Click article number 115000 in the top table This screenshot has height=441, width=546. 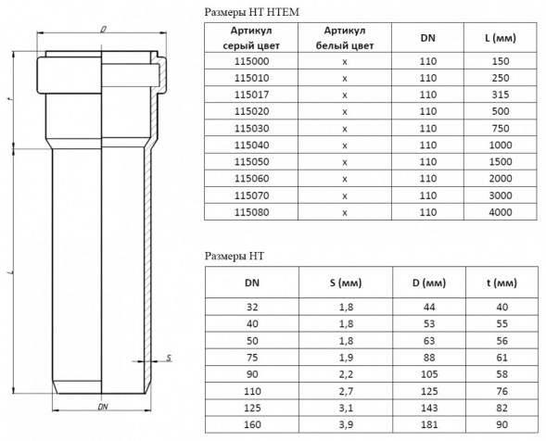click(251, 61)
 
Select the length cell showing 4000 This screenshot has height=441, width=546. click(501, 212)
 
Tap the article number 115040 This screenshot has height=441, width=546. click(251, 145)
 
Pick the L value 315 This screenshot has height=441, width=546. click(501, 94)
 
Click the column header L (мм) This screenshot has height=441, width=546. click(501, 38)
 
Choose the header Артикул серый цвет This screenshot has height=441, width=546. click(251, 38)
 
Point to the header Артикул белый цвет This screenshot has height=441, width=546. click(345, 38)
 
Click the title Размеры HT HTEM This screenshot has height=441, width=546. click(251, 12)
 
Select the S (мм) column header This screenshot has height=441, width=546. click(346, 283)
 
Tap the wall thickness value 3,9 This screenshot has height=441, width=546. click(346, 424)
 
